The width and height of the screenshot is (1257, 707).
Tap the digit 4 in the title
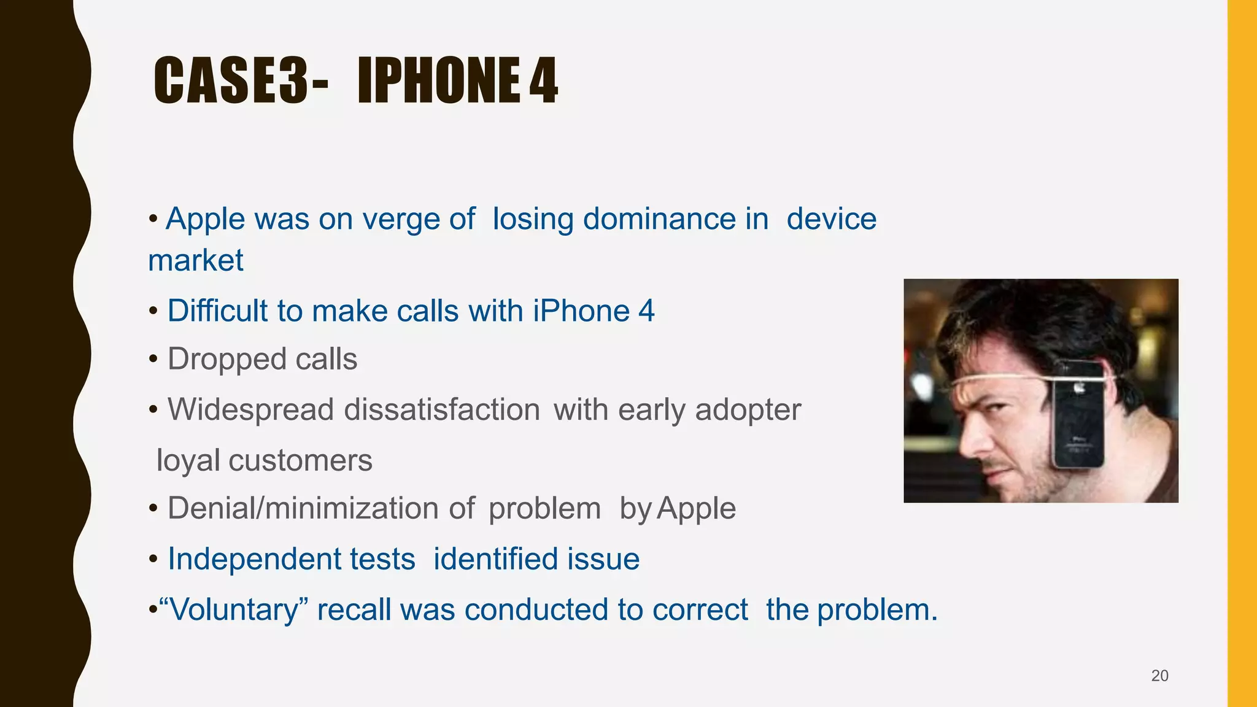[x=543, y=80]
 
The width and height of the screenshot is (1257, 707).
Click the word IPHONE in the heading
[x=439, y=80]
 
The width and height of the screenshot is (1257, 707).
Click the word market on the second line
[x=196, y=261]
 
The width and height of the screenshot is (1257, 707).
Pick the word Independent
[x=292, y=559]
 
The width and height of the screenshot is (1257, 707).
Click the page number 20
[x=1159, y=676]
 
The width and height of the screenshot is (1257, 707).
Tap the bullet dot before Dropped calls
[x=153, y=360]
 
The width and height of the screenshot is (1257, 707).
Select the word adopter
[x=748, y=409]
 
